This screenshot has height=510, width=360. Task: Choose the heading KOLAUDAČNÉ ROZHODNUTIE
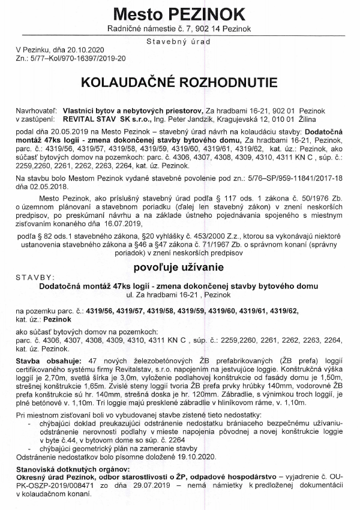[x=179, y=82]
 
